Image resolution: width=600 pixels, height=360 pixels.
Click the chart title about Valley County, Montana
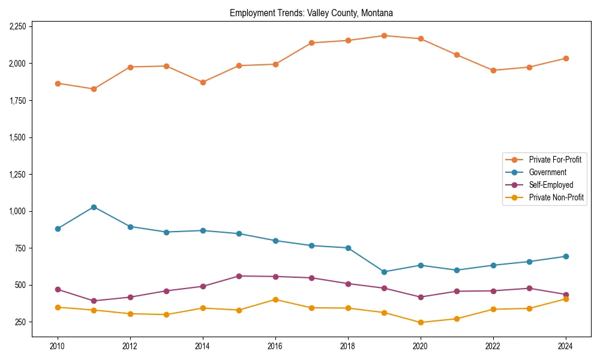(x=311, y=13)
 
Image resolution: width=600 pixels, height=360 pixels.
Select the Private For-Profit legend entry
(x=554, y=160)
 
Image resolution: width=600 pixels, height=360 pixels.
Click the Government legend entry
(x=547, y=172)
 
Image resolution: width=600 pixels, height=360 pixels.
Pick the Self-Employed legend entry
(x=551, y=185)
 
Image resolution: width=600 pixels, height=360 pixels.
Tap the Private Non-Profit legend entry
(x=556, y=197)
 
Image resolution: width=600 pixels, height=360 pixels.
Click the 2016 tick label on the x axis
(x=275, y=346)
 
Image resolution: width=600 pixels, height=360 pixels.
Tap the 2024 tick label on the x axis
(x=565, y=346)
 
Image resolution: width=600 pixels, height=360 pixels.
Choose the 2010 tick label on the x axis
(x=58, y=346)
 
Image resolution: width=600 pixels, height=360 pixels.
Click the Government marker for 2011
(x=94, y=207)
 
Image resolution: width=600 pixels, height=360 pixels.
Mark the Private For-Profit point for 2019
(x=384, y=35)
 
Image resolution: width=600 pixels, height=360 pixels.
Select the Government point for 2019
(x=384, y=272)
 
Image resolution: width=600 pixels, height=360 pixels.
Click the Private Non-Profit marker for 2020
(x=420, y=322)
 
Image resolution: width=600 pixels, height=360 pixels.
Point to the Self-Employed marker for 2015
(x=239, y=276)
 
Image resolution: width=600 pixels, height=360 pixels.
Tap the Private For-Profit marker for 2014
(x=203, y=82)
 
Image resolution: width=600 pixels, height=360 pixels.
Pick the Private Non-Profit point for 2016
(x=275, y=299)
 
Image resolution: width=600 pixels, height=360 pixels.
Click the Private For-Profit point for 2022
(x=493, y=70)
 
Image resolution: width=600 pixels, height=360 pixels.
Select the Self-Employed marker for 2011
(x=94, y=301)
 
